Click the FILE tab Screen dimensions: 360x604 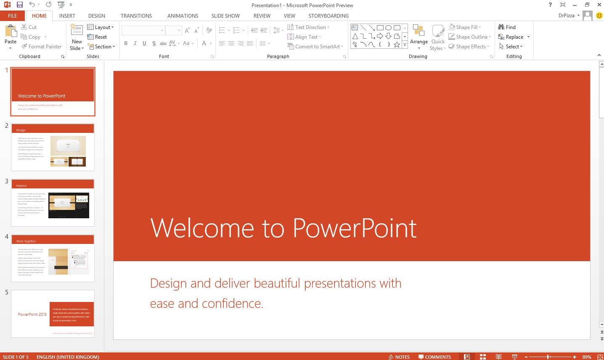(13, 16)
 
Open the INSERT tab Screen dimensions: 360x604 (67, 16)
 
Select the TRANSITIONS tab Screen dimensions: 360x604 (136, 16)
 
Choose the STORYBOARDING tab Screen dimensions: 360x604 (328, 16)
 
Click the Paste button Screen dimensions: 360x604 (11, 36)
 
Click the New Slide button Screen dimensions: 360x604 (77, 37)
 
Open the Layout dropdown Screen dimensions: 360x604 (101, 27)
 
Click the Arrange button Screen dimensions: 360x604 (419, 36)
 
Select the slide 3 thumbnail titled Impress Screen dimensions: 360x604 (53, 203)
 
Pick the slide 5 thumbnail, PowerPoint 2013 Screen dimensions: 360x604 (53, 314)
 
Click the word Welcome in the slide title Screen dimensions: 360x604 (202, 228)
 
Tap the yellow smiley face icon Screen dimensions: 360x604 (599, 16)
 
